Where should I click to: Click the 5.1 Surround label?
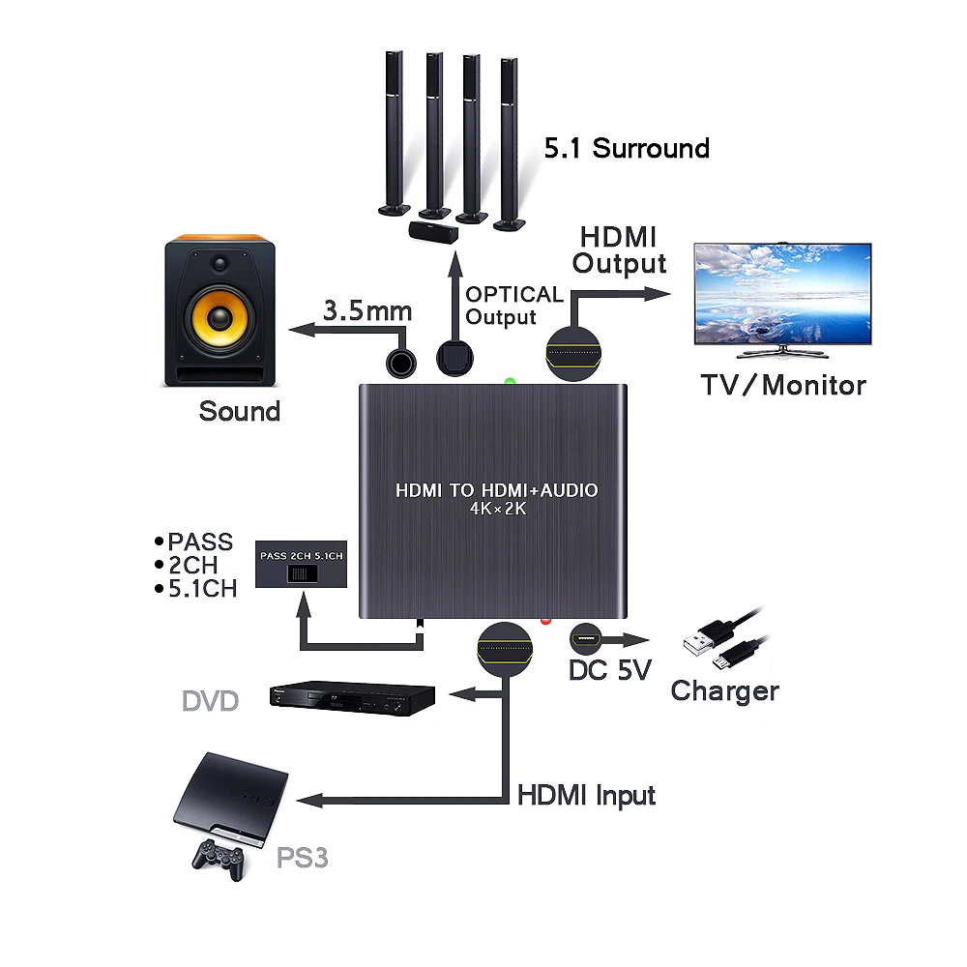click(627, 149)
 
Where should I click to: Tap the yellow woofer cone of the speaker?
click(220, 317)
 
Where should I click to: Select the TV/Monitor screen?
click(782, 294)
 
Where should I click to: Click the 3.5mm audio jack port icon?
click(401, 364)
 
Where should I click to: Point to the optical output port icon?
click(454, 359)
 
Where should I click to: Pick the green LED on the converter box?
click(510, 382)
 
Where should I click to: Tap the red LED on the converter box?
click(545, 621)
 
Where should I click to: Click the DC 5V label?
click(609, 670)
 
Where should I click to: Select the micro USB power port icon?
click(585, 639)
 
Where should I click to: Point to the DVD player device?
click(352, 698)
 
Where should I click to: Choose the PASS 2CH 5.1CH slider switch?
click(302, 574)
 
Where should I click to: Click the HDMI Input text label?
click(587, 796)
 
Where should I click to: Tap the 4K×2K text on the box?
click(498, 509)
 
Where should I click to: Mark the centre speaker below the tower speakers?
click(434, 232)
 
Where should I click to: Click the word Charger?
click(724, 691)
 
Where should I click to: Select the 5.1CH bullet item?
click(196, 589)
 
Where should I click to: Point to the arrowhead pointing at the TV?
click(658, 294)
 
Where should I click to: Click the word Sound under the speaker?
click(239, 411)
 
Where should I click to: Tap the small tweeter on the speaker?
click(220, 264)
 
